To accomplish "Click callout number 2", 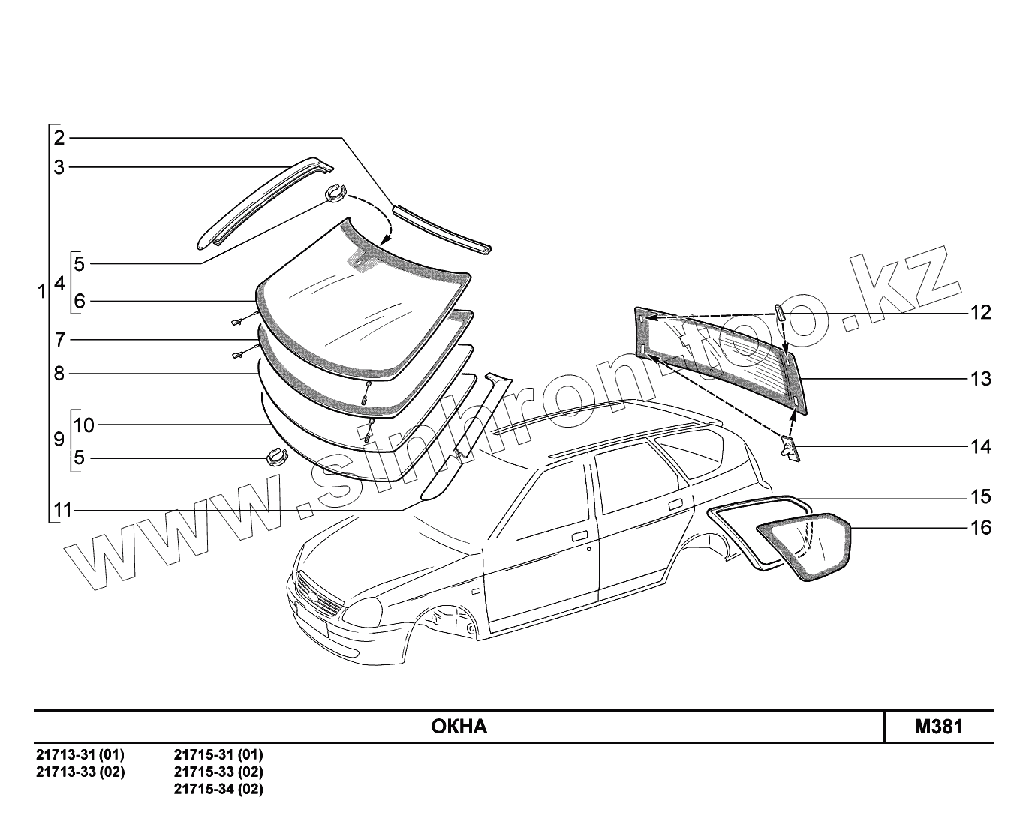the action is pyautogui.click(x=59, y=137).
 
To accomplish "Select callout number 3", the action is pyautogui.click(x=59, y=167).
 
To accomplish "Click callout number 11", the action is pyautogui.click(x=62, y=511).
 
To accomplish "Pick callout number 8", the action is pyautogui.click(x=59, y=373).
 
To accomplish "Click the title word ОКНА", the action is pyautogui.click(x=459, y=727).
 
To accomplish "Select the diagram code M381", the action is pyautogui.click(x=938, y=727).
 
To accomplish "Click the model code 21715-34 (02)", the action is pyautogui.click(x=218, y=789).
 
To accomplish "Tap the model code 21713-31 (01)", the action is pyautogui.click(x=80, y=754).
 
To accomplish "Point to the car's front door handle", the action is pyautogui.click(x=579, y=537).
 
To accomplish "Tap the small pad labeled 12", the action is pyautogui.click(x=780, y=311).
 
